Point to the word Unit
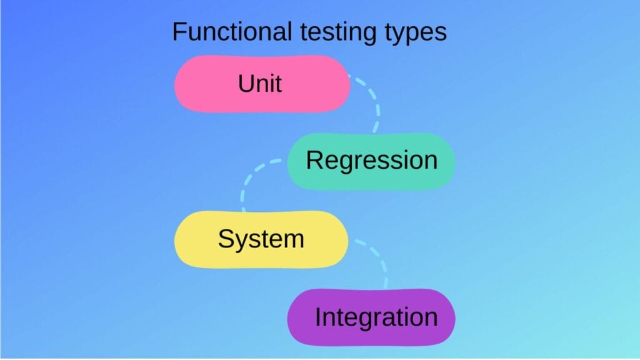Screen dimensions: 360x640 (260, 83)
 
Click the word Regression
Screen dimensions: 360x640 (371, 160)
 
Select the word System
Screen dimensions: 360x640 (261, 239)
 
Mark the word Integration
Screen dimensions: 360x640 (376, 317)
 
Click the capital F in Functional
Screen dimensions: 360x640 (179, 32)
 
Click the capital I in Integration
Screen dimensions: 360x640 (318, 317)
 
